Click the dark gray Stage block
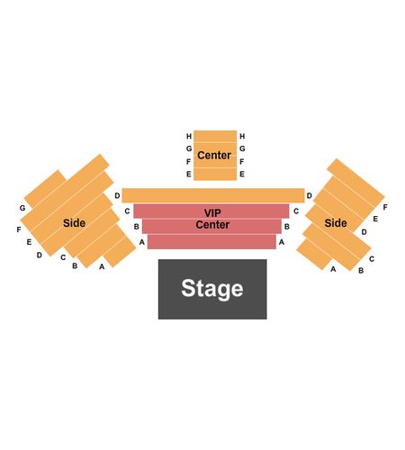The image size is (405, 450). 212,289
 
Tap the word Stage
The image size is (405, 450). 212,289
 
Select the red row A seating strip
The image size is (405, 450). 211,242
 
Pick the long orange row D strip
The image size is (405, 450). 213,195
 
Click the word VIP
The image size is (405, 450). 212,212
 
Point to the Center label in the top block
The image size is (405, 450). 214,156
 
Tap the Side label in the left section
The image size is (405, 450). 74,223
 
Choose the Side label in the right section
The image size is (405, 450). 336,223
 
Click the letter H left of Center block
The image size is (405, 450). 189,137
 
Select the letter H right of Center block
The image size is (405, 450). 242,137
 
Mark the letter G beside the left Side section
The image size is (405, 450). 22,208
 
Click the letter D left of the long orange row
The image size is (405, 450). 117,196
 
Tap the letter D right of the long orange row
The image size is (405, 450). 310,196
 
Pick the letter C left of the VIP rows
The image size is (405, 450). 127,211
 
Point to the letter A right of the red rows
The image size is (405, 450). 282,242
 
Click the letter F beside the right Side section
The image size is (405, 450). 385,207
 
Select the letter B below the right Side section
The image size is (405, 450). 361,271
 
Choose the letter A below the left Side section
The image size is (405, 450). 102,266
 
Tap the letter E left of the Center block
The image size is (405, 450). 189,175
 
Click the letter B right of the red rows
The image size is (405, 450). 287,227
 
